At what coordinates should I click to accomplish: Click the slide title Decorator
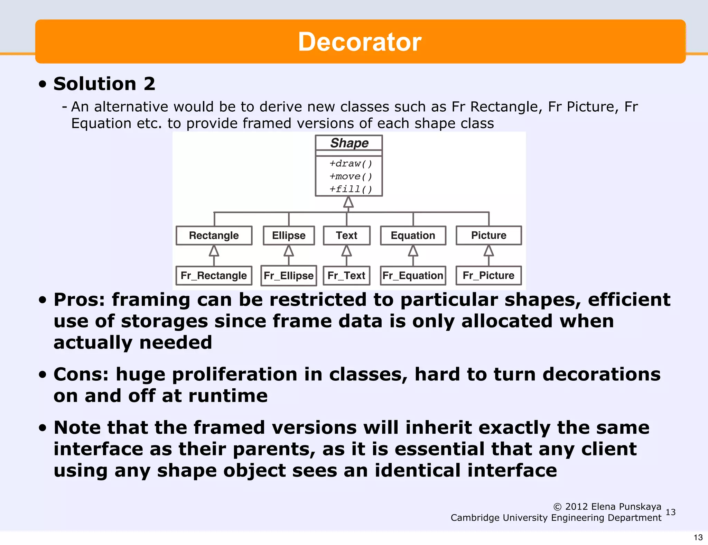360,42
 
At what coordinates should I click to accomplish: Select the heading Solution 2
104,84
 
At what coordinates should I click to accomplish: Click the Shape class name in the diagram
349,143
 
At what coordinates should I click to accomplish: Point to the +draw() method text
350,164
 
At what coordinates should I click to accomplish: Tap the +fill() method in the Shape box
350,189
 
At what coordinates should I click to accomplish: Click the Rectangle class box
214,235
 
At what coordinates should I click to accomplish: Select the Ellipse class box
289,235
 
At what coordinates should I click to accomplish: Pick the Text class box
347,235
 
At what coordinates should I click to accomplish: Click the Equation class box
413,235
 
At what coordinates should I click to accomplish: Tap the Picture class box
488,235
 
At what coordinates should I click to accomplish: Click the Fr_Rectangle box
214,276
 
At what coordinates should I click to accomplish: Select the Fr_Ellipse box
289,276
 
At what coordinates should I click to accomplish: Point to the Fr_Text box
346,276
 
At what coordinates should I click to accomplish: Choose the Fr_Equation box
413,276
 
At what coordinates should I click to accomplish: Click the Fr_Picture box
488,275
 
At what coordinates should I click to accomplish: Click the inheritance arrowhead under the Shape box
348,202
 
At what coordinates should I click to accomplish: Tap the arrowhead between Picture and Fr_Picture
488,251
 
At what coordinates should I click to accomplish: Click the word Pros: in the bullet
79,300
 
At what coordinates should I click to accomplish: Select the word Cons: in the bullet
81,375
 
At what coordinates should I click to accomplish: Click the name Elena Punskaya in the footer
626,507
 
